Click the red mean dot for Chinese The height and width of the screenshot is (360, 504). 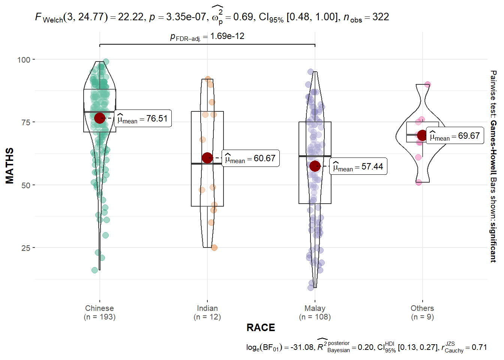click(100, 118)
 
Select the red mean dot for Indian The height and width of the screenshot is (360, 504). click(207, 158)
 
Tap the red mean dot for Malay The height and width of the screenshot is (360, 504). click(315, 166)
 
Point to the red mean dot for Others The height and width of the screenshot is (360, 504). click(422, 135)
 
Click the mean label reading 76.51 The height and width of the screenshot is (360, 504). click(143, 118)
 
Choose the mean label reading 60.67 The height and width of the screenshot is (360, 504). click(250, 159)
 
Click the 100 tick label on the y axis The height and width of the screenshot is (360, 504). click(24, 60)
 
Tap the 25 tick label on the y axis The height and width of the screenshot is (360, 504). click(25, 248)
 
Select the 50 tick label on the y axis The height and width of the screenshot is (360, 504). click(25, 185)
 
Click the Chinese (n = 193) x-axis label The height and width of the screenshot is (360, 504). click(99, 312)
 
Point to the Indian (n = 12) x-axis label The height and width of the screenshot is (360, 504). click(207, 312)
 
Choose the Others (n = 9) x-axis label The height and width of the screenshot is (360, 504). click(422, 312)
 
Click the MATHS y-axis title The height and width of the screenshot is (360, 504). click(10, 166)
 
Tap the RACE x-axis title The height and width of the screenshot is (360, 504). click(261, 328)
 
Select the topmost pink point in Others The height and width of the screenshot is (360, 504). click(427, 85)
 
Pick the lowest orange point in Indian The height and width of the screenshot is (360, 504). click(214, 247)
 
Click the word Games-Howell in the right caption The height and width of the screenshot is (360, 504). click(493, 148)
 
